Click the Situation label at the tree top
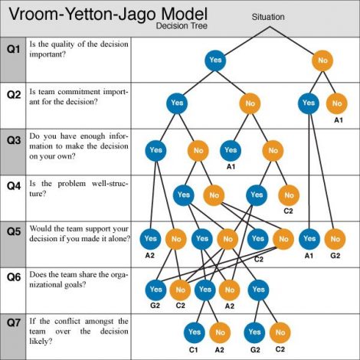point(268,17)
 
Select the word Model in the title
point(184,14)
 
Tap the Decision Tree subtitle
point(182,26)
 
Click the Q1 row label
point(14,49)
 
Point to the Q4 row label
point(14,186)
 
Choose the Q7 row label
point(14,322)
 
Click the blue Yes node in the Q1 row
point(215,61)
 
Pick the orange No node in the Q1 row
point(322,61)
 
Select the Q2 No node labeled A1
point(337,103)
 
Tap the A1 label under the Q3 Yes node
point(231,167)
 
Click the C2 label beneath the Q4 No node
point(289,211)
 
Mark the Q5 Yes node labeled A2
point(150,239)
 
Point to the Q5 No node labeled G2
point(335,239)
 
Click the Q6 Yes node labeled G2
point(155,290)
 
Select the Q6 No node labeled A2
point(229,290)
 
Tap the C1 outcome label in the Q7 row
point(194,349)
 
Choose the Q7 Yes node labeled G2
point(254,332)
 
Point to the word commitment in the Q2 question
point(73,92)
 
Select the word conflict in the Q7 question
point(67,321)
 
